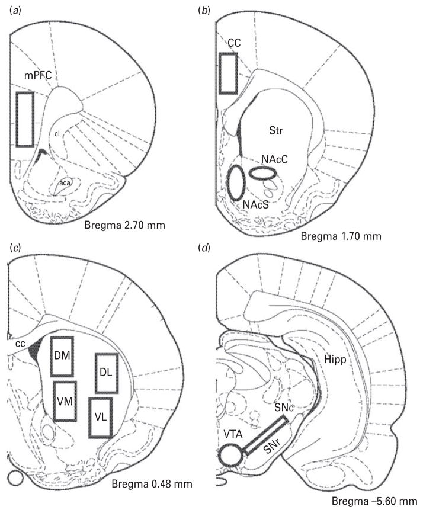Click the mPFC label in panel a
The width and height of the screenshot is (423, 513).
(x=38, y=76)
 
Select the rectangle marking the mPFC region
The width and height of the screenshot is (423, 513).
(x=17, y=119)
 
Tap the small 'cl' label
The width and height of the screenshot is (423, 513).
(x=57, y=133)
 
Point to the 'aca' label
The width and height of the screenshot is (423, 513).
(x=65, y=183)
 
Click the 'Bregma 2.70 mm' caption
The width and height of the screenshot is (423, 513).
(x=124, y=225)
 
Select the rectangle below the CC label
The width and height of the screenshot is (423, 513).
(x=220, y=73)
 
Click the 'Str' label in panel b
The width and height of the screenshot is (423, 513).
(x=276, y=130)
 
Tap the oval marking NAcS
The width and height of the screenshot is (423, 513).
(x=227, y=182)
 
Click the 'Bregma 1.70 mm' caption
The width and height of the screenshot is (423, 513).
(x=341, y=236)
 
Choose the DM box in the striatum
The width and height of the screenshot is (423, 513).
(x=51, y=356)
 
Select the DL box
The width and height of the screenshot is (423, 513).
(x=96, y=373)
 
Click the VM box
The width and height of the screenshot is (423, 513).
(x=55, y=401)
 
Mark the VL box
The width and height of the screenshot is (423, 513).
(x=89, y=418)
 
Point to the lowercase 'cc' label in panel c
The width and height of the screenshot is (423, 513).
(x=20, y=344)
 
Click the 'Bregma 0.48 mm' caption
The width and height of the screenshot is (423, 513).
(x=152, y=483)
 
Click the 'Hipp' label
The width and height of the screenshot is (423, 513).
(x=335, y=360)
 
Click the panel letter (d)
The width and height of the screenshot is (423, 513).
(x=204, y=248)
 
